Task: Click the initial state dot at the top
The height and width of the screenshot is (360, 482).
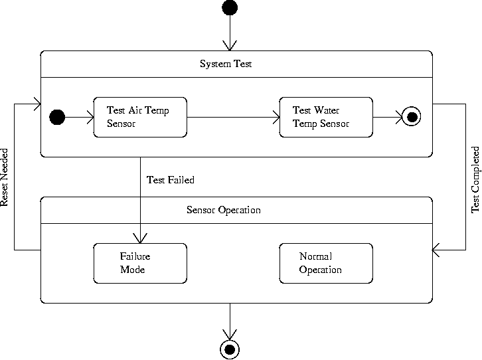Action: (230, 8)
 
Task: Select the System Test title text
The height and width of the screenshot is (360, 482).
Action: (226, 64)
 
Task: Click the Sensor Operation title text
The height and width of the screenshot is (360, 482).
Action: (223, 210)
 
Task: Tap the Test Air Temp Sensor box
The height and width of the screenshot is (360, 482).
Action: (140, 117)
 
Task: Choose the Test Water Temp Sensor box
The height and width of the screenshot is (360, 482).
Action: (326, 117)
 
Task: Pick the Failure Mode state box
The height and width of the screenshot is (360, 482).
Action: (140, 263)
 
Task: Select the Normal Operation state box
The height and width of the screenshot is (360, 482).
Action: (326, 263)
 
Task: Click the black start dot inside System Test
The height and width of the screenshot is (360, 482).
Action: (58, 118)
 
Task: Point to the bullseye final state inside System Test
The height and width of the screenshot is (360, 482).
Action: (412, 118)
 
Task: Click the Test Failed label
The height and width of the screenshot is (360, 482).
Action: (170, 180)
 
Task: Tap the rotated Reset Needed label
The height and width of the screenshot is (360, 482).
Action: (5, 177)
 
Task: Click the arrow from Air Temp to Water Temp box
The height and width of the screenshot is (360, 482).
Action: (232, 118)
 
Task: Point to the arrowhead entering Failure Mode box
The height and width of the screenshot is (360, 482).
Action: (140, 238)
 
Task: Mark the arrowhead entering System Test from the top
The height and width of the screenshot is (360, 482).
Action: (230, 46)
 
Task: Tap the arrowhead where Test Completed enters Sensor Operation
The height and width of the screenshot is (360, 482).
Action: (437, 250)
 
